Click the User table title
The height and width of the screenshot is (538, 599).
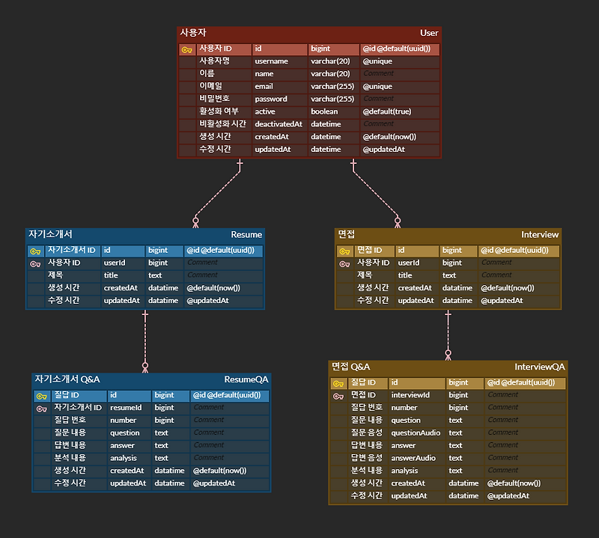[x=429, y=33]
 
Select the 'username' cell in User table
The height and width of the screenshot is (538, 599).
[x=271, y=61]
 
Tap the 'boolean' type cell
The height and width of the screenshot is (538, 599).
[x=324, y=111]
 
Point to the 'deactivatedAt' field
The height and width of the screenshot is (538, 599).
[x=279, y=124]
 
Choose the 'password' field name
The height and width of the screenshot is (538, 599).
[x=270, y=99]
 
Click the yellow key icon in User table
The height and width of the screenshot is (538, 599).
[x=186, y=50]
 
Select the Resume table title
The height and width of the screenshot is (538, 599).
[x=246, y=235]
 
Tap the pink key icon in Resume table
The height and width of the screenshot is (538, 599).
[x=35, y=263]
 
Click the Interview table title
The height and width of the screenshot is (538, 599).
[x=540, y=234]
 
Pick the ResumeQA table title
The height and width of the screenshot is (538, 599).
[x=246, y=379]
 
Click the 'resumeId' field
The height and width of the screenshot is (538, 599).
[x=126, y=408]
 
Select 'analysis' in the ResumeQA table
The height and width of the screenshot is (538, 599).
[x=124, y=458]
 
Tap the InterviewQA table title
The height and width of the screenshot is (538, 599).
[x=539, y=367]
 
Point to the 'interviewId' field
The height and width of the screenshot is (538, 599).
[x=410, y=395]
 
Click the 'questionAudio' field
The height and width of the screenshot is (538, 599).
[x=416, y=432]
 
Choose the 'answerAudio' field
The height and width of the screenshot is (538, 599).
[x=413, y=458]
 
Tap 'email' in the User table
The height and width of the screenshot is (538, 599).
[x=264, y=87]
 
